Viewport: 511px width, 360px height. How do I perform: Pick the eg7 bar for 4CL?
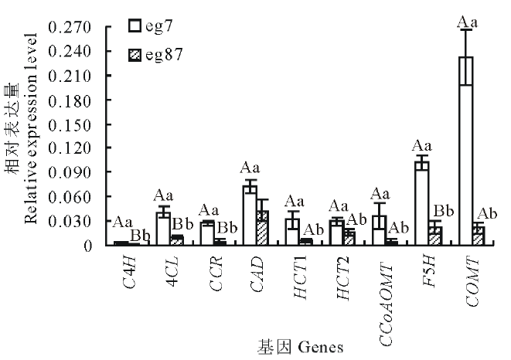(162, 229)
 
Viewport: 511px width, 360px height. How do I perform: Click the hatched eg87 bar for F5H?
(434, 236)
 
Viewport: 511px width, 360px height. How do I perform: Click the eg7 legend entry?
(154, 26)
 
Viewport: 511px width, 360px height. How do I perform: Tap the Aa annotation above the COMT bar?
(468, 21)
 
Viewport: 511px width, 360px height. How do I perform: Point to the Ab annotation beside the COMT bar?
(487, 213)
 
